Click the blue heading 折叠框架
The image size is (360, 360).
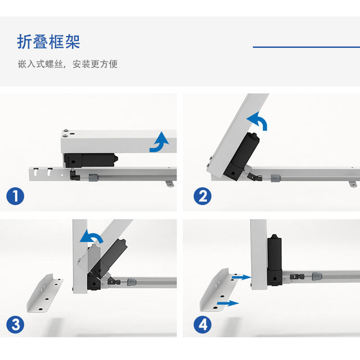pos(49,42)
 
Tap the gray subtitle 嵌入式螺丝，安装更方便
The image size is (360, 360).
pos(68,64)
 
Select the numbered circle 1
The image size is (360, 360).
pos(15,196)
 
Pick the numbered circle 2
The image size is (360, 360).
pos(202,196)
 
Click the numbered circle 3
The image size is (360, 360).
pos(15,324)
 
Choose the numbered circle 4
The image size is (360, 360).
pos(202,324)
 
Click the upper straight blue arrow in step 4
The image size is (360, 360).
pos(242,277)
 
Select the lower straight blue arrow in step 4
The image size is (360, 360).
pos(228,303)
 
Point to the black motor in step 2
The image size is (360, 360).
pos(241,156)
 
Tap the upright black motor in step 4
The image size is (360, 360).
pos(274,260)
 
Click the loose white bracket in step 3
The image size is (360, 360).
pos(45,293)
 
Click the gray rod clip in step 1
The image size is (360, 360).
pos(94,177)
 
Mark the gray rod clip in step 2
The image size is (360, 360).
pos(275,178)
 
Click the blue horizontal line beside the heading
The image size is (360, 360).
pos(306,47)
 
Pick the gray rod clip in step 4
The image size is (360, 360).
pos(317,276)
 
